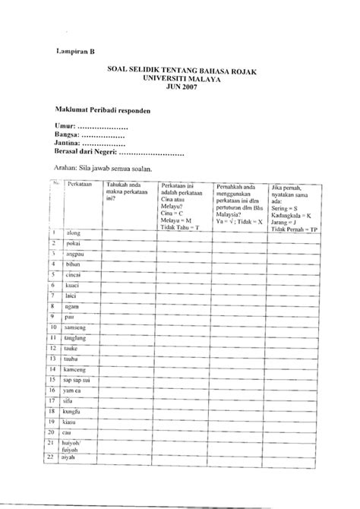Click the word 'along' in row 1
pyautogui.click(x=74, y=232)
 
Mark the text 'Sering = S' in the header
pyautogui.click(x=289, y=207)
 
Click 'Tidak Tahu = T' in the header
pyautogui.click(x=179, y=227)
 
